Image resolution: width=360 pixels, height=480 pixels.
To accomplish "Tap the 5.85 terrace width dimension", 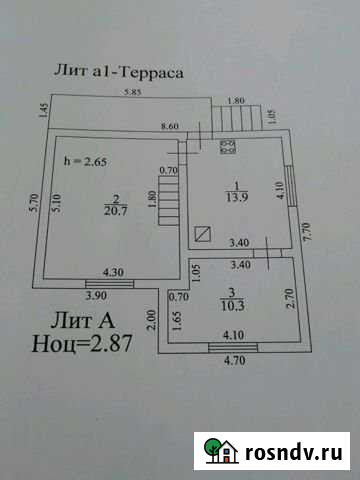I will [x=131, y=94].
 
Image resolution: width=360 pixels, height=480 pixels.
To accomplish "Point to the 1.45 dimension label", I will [x=44, y=113].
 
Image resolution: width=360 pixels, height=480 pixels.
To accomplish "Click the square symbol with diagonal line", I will [x=203, y=233].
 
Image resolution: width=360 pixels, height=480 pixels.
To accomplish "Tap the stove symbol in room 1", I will [x=227, y=149].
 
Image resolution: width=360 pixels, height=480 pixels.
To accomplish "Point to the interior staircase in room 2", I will [x=170, y=200].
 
